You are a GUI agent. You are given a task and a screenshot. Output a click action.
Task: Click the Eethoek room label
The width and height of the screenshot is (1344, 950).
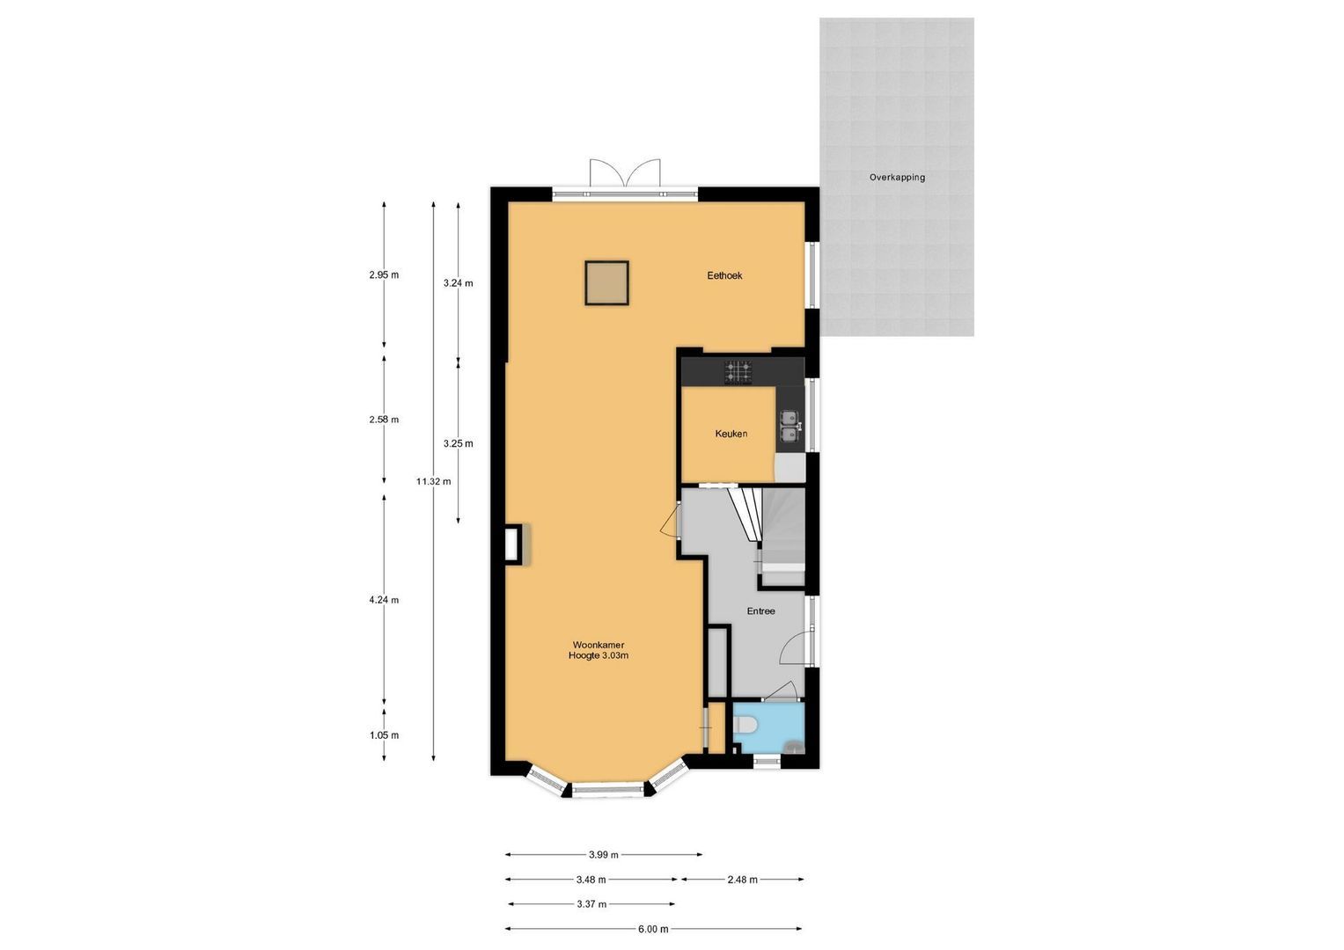click(724, 275)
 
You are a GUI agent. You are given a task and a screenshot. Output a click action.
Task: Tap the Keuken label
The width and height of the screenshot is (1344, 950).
click(731, 434)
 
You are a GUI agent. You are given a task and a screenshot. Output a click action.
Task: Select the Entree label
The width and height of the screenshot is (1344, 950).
click(760, 611)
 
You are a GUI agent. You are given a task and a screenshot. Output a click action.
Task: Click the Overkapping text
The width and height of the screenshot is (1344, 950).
click(897, 178)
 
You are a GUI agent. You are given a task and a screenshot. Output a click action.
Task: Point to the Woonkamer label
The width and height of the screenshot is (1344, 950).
click(598, 645)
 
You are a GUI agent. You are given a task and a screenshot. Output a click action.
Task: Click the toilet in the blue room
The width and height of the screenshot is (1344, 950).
click(745, 725)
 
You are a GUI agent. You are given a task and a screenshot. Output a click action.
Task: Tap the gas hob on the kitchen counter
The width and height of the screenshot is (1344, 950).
click(738, 372)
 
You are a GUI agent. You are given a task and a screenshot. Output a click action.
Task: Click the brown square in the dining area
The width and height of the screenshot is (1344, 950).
click(606, 283)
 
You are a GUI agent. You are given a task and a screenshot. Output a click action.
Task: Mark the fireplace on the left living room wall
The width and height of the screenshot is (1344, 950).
click(512, 544)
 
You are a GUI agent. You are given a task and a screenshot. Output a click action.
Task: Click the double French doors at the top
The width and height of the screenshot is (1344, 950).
click(624, 176)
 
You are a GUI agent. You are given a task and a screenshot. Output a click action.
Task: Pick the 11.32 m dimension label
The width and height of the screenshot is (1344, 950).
click(433, 481)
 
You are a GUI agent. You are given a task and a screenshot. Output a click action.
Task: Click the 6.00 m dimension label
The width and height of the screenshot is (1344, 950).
click(653, 929)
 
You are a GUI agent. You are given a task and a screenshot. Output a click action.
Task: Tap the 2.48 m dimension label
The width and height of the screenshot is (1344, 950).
click(742, 880)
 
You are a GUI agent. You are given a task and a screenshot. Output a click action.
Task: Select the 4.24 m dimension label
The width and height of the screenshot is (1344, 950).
click(384, 601)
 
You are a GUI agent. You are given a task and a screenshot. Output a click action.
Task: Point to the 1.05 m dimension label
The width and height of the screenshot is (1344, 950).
click(384, 735)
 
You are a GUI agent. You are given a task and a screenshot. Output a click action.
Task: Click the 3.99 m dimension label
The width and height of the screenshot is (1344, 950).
click(603, 854)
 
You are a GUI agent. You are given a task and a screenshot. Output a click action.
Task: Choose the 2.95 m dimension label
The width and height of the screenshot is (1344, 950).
click(384, 274)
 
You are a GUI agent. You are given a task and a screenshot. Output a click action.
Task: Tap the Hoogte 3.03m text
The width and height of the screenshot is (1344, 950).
click(598, 656)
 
